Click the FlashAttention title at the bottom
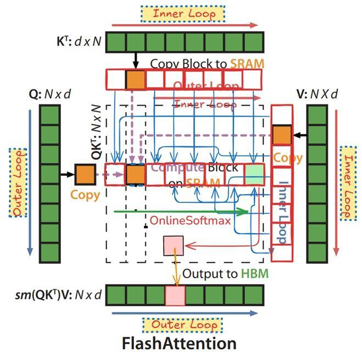coord(179,344)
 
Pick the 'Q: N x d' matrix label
coord(50,94)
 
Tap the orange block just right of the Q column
coord(85,174)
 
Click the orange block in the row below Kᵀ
coord(136,79)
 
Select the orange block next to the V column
coord(282,135)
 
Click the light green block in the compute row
coord(254,174)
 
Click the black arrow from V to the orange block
coord(299,135)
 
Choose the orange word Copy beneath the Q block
coord(85,195)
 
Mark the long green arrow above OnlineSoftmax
coord(181,211)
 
